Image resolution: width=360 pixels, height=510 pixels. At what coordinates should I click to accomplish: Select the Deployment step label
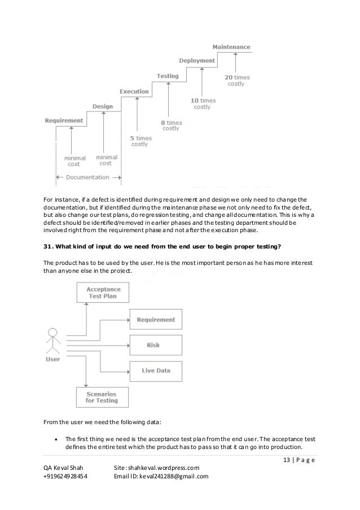click(197, 60)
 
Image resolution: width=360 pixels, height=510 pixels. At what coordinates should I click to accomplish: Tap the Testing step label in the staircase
click(168, 76)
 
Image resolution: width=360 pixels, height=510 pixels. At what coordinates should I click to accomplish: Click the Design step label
click(103, 106)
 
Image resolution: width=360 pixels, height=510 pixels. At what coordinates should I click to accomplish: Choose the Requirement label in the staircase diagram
click(64, 120)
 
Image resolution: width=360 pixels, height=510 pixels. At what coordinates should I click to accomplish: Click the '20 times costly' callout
click(236, 80)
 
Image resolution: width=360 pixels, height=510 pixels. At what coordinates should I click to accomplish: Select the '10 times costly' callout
click(202, 102)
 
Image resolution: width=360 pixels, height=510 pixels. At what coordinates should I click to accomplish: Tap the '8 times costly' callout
click(171, 125)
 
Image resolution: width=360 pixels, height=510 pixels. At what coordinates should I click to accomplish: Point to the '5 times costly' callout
click(139, 141)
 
